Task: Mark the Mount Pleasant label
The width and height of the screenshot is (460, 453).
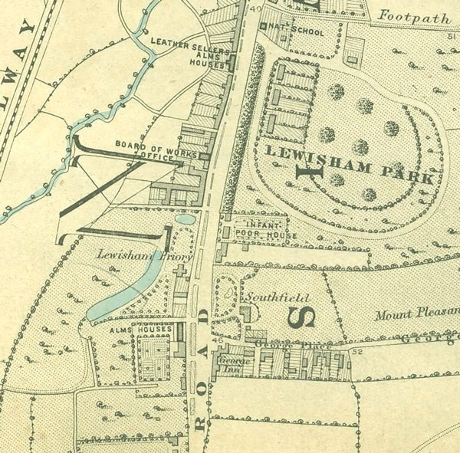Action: coord(418,314)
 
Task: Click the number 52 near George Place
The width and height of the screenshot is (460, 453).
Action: coord(356,351)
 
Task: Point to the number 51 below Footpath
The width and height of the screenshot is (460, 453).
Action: coord(451,35)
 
